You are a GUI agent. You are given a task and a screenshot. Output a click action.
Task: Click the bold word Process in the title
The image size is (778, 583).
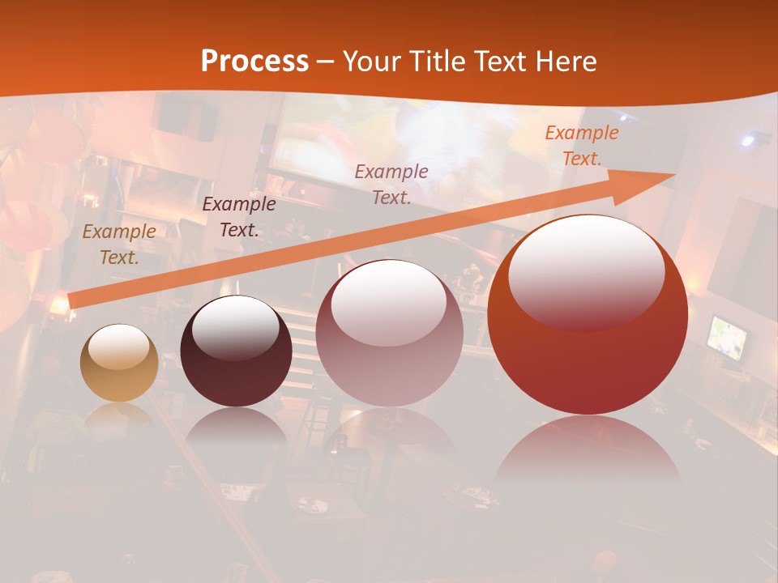point(254,62)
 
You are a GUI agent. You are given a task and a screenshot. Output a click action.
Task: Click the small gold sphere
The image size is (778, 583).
point(119,363)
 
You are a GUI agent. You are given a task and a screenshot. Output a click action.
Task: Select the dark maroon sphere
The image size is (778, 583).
point(236,351)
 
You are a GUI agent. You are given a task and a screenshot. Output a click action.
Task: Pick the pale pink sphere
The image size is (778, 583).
point(389,333)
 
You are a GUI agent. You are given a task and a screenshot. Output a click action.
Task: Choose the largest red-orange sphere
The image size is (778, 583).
point(588,314)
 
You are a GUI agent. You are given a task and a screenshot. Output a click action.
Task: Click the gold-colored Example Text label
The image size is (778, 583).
point(118,245)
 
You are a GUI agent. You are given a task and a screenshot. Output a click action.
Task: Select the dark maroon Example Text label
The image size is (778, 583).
point(238,217)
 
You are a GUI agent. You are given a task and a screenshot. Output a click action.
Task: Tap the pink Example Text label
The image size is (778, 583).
point(391,184)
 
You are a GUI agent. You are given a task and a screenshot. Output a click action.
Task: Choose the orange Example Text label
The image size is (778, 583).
point(581,146)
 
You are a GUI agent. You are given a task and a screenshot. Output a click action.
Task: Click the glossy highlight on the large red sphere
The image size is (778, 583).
point(586,271)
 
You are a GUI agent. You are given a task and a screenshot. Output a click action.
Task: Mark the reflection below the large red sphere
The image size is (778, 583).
point(588,449)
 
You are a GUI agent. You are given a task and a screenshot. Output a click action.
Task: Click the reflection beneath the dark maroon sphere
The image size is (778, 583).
point(236,427)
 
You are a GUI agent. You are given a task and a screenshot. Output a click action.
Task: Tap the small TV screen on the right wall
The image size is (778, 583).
point(727,337)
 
